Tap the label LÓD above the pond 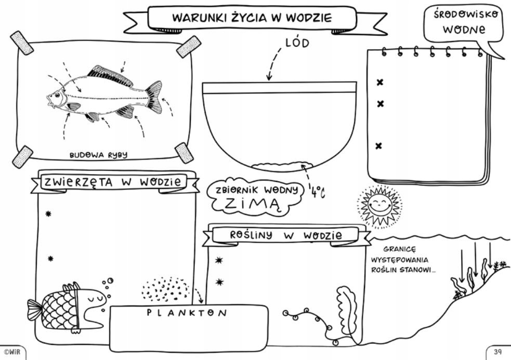(x=297, y=43)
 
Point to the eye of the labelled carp (x=57, y=95)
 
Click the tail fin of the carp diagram (x=154, y=96)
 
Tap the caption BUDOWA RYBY (x=98, y=155)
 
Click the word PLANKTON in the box (x=187, y=313)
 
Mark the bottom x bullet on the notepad (x=379, y=145)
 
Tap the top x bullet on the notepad (x=379, y=82)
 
